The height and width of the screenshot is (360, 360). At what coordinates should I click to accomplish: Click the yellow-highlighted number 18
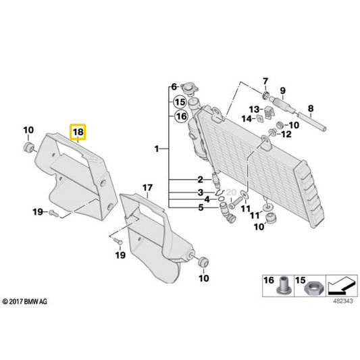point(78,132)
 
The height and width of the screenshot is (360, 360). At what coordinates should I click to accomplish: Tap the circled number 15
point(180,102)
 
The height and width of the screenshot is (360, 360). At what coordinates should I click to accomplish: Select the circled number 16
point(181,116)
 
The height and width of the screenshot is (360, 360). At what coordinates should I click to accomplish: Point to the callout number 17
point(147,188)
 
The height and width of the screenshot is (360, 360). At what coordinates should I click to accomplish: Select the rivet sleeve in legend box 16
point(283,286)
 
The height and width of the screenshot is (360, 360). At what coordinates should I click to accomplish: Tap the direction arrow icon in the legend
point(342,286)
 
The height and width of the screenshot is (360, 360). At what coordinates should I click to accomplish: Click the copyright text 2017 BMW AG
point(25,301)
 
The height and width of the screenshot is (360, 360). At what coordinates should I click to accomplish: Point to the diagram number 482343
point(343,301)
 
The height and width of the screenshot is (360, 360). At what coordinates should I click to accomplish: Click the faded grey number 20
point(231,192)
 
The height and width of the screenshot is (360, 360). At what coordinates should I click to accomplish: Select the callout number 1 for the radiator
point(157,149)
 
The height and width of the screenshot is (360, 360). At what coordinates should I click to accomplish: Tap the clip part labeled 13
point(268,113)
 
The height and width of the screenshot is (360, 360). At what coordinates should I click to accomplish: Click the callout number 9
point(282,91)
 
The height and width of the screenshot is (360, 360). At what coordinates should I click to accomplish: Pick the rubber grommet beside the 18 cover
point(28,147)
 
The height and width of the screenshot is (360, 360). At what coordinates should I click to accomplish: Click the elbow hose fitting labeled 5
point(227,211)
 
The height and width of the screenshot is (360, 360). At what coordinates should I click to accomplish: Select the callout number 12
point(286,134)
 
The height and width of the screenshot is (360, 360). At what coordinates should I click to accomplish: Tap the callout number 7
point(265,81)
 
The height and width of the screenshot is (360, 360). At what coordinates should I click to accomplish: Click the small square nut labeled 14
point(260,119)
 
